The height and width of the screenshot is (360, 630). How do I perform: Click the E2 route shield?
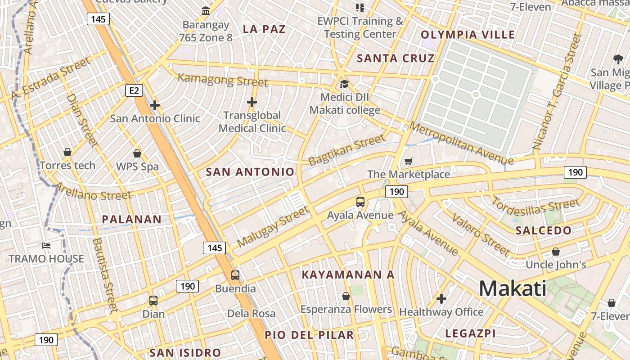[x=134, y=91]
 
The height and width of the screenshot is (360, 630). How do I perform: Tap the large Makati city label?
[x=513, y=288]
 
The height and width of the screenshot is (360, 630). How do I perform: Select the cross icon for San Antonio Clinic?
[x=155, y=105]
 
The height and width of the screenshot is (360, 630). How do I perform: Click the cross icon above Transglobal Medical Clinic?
[x=252, y=102]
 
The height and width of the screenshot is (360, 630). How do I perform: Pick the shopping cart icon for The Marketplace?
[x=409, y=161]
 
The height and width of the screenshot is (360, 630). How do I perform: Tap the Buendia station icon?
[x=235, y=275]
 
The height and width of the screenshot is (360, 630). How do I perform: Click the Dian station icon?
[x=153, y=300]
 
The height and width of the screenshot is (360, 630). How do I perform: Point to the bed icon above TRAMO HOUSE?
[x=46, y=245]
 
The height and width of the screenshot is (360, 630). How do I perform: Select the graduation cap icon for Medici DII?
[x=344, y=84]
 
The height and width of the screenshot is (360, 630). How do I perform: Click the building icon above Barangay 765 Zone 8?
[x=206, y=10]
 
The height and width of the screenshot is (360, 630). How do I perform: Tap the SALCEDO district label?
[x=544, y=230]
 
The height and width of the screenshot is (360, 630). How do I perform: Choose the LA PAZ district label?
[x=264, y=29]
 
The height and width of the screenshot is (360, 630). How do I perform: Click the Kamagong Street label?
[x=223, y=80]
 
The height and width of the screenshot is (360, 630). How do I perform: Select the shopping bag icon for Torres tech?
[x=67, y=152]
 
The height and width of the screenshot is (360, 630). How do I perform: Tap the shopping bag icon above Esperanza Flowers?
[x=346, y=296]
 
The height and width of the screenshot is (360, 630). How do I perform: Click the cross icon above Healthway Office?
[x=441, y=298]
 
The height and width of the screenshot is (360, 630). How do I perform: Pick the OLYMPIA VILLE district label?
[x=468, y=35]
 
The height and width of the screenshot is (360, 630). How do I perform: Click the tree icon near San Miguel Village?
[x=618, y=58]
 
